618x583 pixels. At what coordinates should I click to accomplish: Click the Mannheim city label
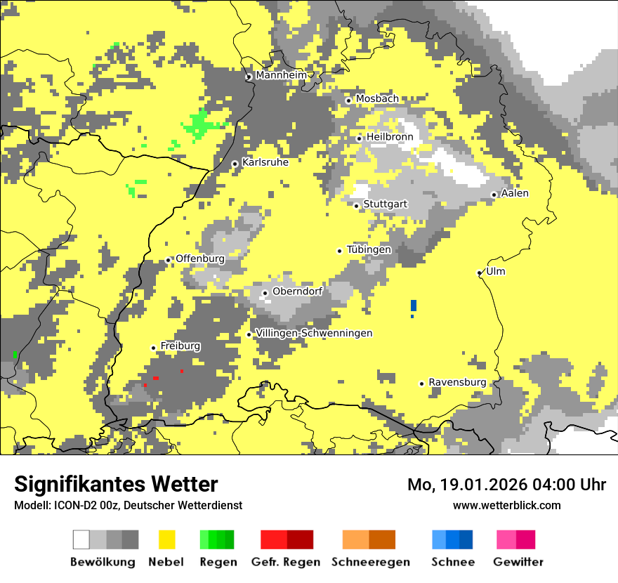point(281,75)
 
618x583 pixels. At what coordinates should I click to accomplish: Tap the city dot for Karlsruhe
point(235,164)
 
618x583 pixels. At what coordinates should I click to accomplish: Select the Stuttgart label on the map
point(385,204)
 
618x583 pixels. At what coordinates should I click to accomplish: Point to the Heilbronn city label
point(390,137)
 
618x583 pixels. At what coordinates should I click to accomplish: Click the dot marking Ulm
point(480,273)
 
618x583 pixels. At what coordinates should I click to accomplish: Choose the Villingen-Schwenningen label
point(314,333)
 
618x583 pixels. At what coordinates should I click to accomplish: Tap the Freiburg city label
point(180,346)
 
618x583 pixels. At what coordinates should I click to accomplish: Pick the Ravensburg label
point(457,382)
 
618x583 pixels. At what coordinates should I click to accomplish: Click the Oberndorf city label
point(297,291)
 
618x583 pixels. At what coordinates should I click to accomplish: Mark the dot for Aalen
point(494,195)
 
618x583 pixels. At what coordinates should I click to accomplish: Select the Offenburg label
point(200,258)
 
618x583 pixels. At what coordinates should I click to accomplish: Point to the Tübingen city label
point(369,249)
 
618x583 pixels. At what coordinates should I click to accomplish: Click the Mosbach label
point(377,99)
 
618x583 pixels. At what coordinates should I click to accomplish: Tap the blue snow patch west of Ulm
point(414,305)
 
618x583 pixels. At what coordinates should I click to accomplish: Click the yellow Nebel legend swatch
point(167,539)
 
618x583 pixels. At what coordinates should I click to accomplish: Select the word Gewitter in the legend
point(518,562)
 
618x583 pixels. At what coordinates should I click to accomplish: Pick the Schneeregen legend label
point(371,562)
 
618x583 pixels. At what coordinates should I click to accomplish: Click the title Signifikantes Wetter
point(116,484)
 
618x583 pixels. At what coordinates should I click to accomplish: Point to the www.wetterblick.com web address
point(506,505)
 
